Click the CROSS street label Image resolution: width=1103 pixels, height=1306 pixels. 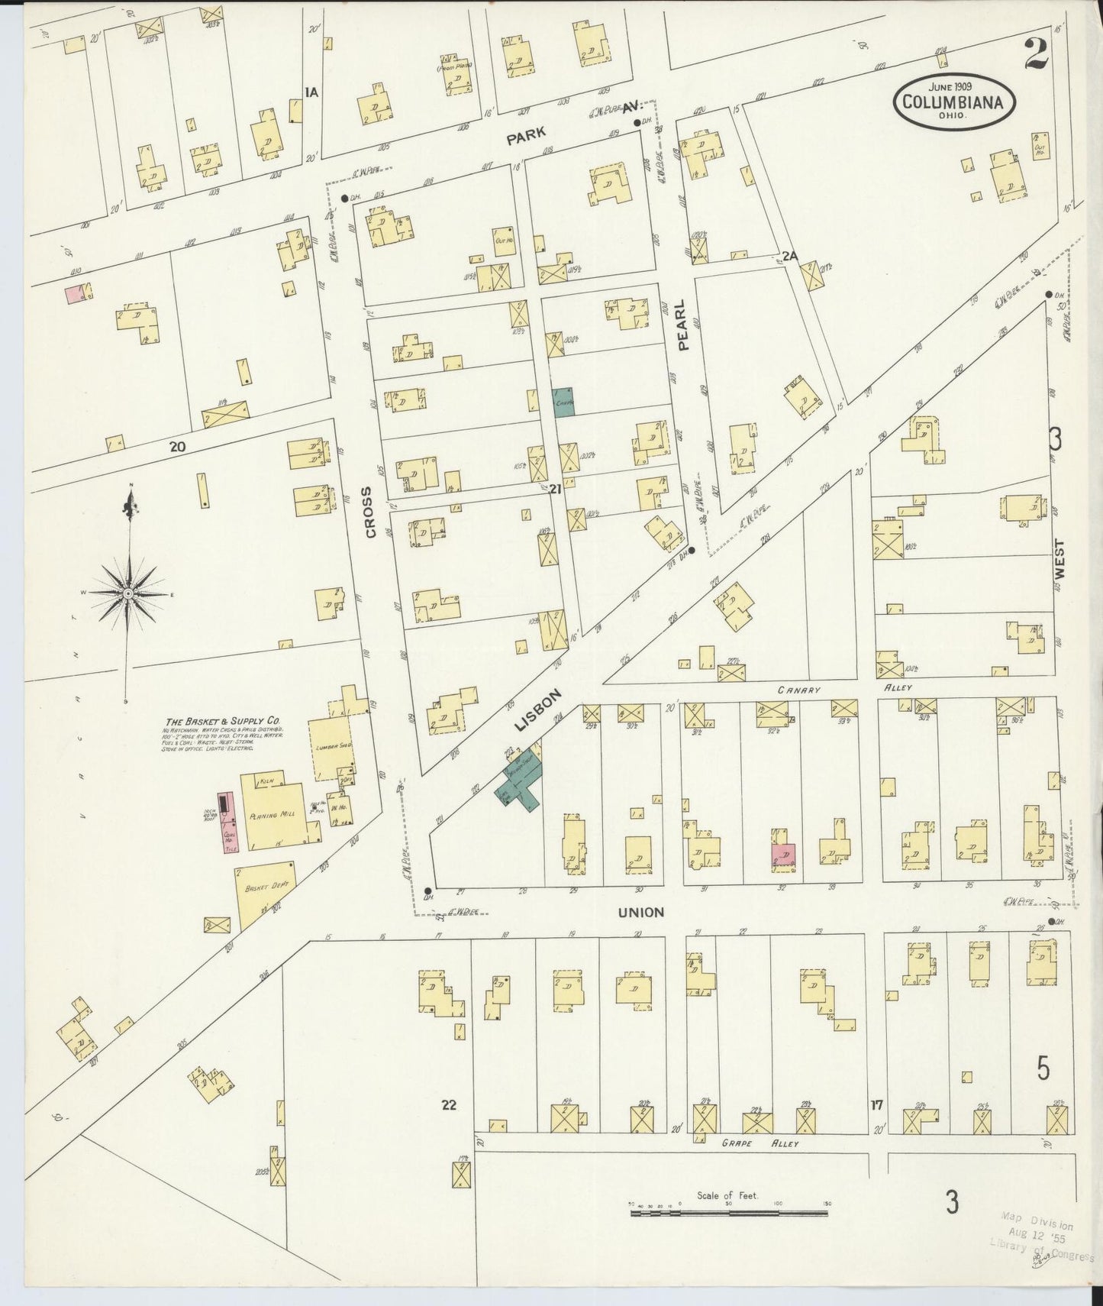click(371, 512)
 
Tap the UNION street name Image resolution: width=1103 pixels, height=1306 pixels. click(640, 912)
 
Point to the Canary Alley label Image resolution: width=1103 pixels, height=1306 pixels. click(799, 690)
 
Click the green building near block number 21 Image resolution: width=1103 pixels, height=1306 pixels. click(563, 402)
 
